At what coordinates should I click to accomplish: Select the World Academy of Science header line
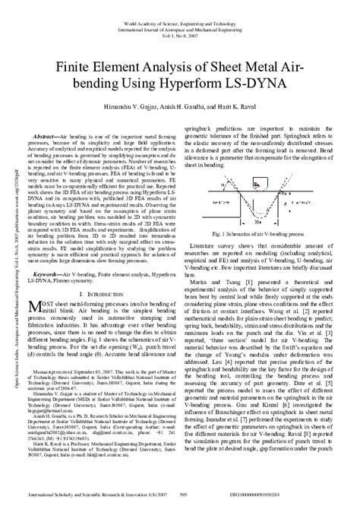[x=180, y=7]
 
